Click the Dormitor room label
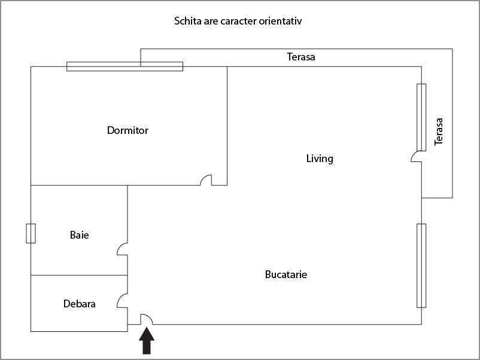click(127, 130)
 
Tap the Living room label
click(320, 158)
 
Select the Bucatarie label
click(286, 274)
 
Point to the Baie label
click(79, 235)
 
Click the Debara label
click(79, 304)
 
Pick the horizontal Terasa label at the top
click(301, 57)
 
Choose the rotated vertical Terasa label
click(439, 132)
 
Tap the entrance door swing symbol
click(146, 319)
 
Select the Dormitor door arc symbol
click(206, 180)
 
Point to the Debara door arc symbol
click(122, 300)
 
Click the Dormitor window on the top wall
click(124, 66)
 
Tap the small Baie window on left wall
click(31, 233)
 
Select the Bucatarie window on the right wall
click(421, 266)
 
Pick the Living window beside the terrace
click(421, 117)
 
